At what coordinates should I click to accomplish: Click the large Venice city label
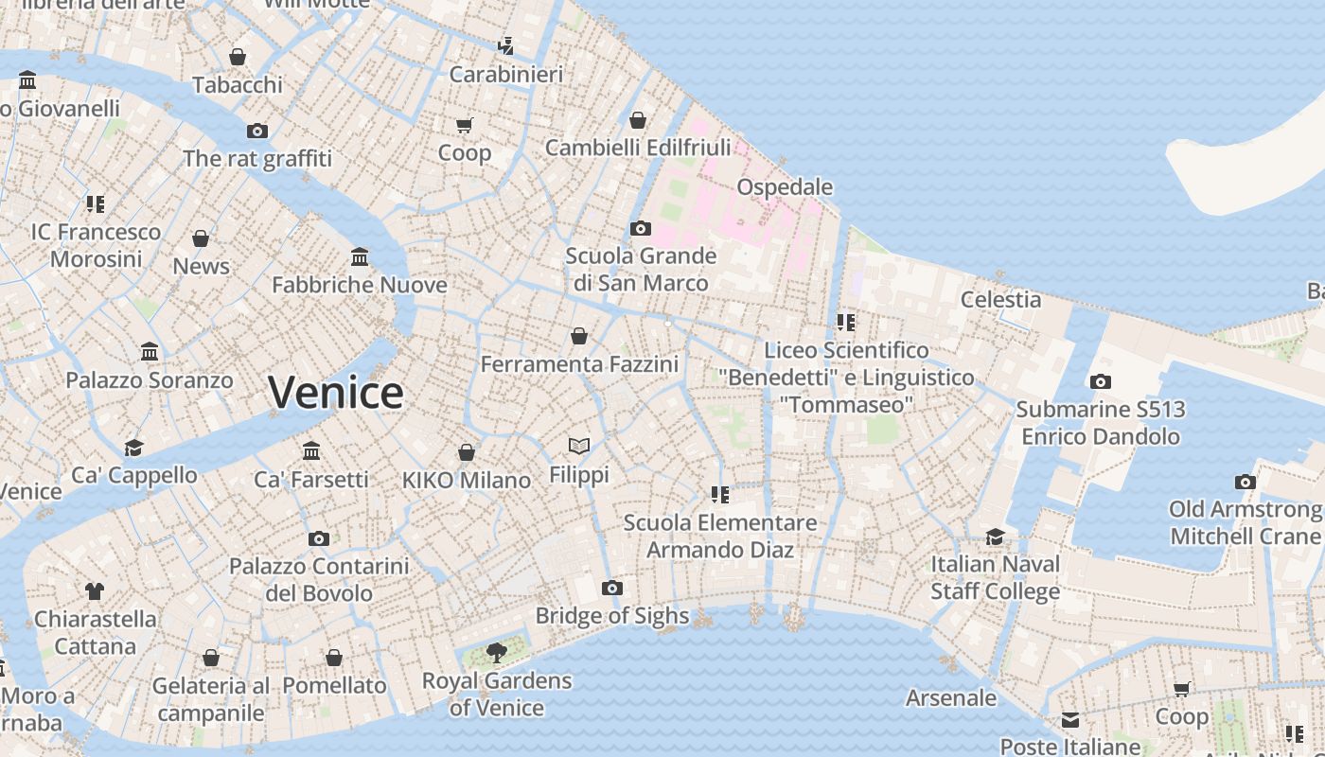pos(336,393)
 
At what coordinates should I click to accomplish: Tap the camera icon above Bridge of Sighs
pos(612,589)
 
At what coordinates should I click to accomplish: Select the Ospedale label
pos(785,186)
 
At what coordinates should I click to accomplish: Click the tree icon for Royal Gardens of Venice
pos(495,652)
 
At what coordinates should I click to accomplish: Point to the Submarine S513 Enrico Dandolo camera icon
pos(1100,381)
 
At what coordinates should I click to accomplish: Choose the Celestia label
pos(1000,300)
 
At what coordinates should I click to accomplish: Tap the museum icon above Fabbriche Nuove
pos(360,256)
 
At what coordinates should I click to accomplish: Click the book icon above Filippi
pos(579,445)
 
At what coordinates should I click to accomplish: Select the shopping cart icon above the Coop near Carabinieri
pos(465,125)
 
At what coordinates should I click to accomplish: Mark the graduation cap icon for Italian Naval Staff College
pos(995,537)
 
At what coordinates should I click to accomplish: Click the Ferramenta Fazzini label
pos(579,364)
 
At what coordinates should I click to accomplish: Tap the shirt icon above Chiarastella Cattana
pos(95,591)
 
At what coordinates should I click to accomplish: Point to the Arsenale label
pos(951,698)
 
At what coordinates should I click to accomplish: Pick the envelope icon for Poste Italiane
pos(1070,720)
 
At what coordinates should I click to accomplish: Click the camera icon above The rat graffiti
pos(256,131)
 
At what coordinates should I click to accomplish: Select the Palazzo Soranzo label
pos(150,380)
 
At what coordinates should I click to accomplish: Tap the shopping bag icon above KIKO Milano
pos(467,452)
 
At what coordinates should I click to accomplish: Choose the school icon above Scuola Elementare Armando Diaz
pos(720,494)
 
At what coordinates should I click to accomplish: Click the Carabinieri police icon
pos(506,45)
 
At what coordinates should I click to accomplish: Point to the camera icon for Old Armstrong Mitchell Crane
pos(1245,482)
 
